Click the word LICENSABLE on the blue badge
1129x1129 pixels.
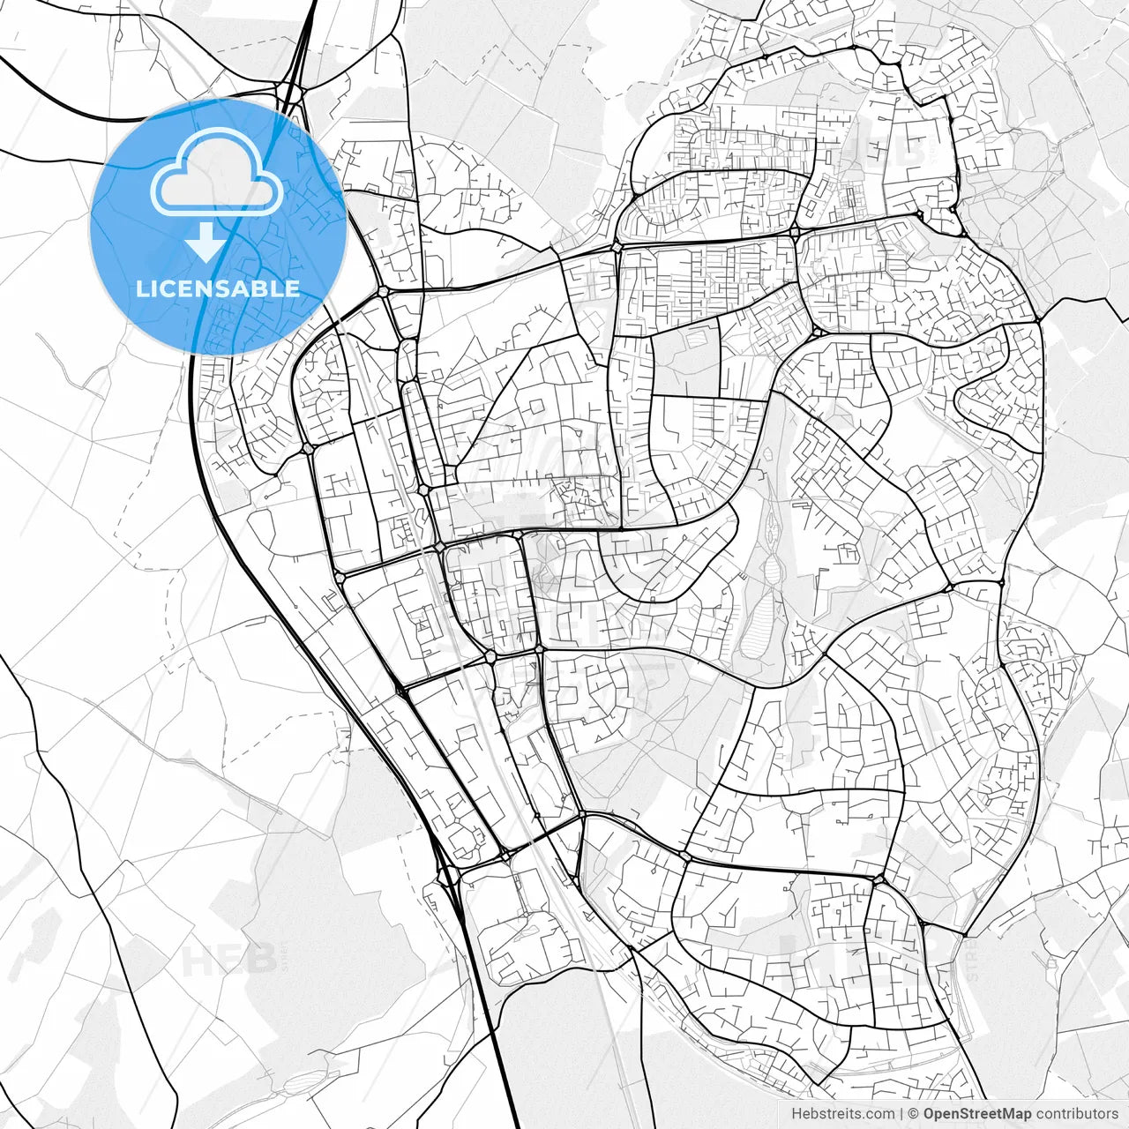(x=218, y=288)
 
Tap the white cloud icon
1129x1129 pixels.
(x=217, y=173)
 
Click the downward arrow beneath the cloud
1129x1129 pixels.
(x=206, y=242)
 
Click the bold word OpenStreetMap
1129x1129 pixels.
(x=977, y=1114)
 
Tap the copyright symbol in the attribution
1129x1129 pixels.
(x=914, y=1114)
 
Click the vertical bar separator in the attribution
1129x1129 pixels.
(x=901, y=1114)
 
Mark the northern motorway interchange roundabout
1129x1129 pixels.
(x=288, y=91)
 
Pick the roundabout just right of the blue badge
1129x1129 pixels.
(x=383, y=290)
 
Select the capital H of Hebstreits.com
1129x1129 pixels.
(x=797, y=1114)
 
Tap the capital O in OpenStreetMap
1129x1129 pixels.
(x=930, y=1114)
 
